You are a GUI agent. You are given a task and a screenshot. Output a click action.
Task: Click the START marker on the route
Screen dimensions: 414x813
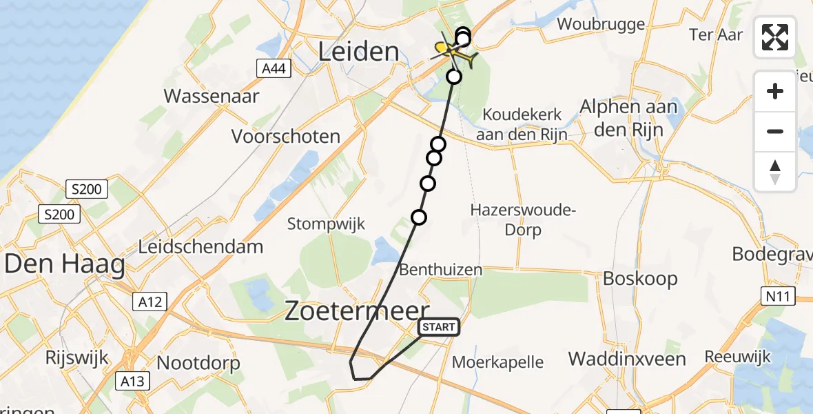coord(438,326)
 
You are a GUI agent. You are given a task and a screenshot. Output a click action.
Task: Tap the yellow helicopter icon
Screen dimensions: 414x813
coord(455,52)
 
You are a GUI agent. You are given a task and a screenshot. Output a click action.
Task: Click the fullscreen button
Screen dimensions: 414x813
coord(775,37)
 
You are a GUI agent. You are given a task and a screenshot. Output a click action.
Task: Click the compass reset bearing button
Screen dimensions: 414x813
coord(775,172)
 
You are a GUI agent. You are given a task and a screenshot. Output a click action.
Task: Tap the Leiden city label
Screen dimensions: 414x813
coord(359,51)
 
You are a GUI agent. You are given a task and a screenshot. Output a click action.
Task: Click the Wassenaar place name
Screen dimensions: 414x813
coord(212,95)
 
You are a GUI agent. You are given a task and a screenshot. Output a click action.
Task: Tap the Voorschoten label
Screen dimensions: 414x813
coord(286,136)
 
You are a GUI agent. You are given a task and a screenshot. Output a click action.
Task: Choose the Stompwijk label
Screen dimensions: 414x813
coord(326,223)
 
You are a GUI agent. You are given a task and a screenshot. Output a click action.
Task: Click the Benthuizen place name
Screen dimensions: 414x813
coord(441,269)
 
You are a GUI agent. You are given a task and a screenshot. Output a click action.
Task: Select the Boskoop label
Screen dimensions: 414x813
coord(640,279)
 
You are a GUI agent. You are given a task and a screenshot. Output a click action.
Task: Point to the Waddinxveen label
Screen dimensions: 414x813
coord(627,359)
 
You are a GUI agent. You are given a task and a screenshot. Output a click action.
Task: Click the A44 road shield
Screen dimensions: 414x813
coord(274,68)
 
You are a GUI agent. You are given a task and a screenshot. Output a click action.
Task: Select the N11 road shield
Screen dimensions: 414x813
coord(779,297)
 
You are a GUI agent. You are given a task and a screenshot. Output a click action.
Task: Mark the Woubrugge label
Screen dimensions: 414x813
coord(601,24)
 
